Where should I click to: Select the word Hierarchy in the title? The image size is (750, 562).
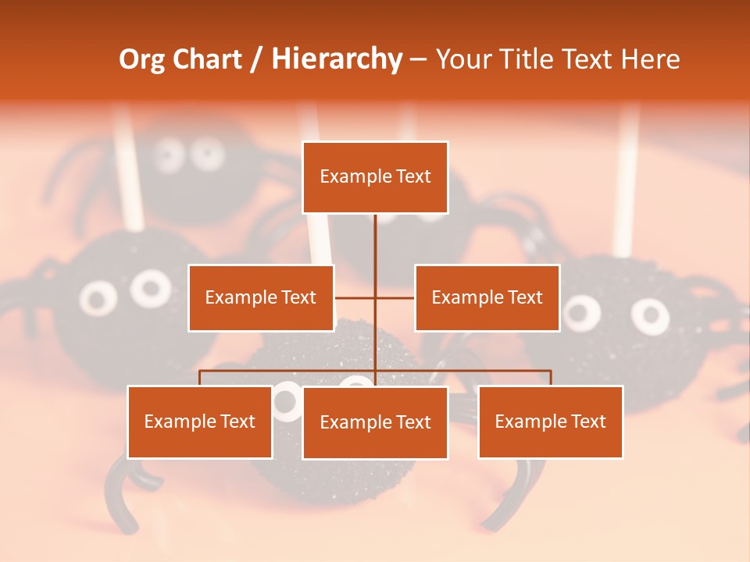336,59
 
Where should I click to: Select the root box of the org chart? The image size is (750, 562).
375,177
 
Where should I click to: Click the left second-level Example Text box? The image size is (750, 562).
261,297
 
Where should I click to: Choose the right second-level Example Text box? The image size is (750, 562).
487,297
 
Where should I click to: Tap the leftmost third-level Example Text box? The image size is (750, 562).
200,422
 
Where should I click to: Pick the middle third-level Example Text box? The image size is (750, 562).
375,423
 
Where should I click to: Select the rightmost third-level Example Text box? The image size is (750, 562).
550,422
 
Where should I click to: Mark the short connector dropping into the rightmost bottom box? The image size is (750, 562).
550,378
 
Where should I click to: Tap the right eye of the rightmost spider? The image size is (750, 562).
650,314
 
